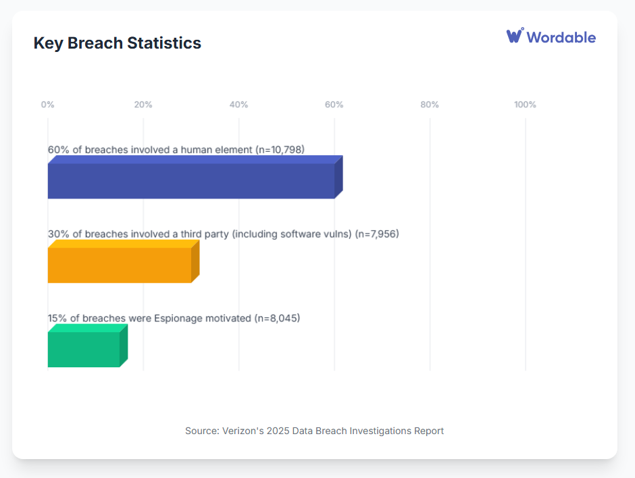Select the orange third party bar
click(x=120, y=265)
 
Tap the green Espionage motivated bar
click(x=84, y=350)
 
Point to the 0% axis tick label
click(x=48, y=105)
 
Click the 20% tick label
click(x=143, y=105)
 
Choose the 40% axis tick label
click(x=238, y=105)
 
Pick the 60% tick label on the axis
click(x=334, y=105)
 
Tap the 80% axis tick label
click(x=430, y=105)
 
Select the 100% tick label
click(x=525, y=105)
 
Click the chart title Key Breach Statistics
click(x=118, y=43)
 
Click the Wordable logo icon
click(x=515, y=36)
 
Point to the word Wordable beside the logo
click(x=561, y=37)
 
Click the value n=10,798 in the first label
click(x=287, y=149)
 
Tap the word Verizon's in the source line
click(x=244, y=431)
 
